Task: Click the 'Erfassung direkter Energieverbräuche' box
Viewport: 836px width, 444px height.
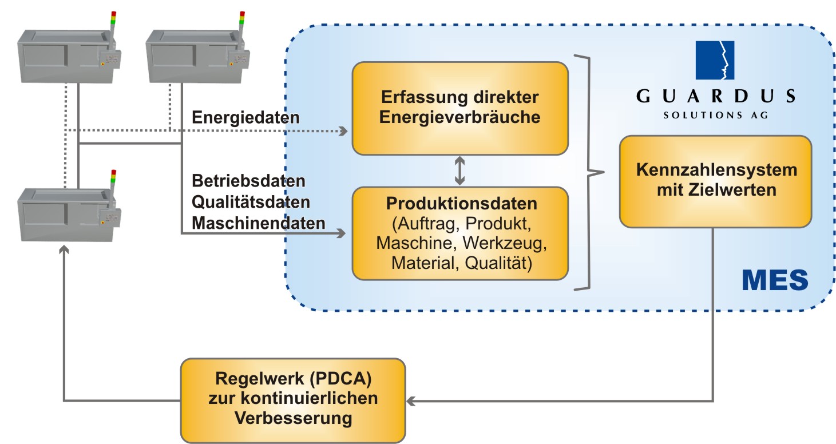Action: (460, 108)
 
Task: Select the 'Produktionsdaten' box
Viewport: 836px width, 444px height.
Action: (460, 233)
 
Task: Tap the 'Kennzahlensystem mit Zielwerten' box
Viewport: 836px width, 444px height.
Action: (715, 181)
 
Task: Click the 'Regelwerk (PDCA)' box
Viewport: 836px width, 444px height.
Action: (293, 399)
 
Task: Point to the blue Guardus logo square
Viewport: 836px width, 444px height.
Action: (715, 60)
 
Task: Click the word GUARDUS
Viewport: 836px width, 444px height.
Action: (715, 96)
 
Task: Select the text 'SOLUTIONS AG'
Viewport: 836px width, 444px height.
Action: (715, 115)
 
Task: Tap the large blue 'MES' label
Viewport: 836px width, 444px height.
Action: (775, 280)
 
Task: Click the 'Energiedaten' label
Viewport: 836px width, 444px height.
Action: (246, 118)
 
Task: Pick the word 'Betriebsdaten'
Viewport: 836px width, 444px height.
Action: (249, 181)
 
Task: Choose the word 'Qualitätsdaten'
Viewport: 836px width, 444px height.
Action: (251, 202)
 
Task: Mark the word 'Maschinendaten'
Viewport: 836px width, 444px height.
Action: (258, 223)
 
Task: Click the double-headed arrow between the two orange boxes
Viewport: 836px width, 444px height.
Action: (459, 171)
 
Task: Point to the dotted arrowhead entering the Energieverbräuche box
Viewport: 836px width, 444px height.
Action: (343, 131)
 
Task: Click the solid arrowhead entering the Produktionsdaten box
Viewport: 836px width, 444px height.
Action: (343, 233)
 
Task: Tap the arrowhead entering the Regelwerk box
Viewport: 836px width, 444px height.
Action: (411, 401)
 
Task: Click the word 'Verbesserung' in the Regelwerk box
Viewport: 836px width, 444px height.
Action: (293, 418)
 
